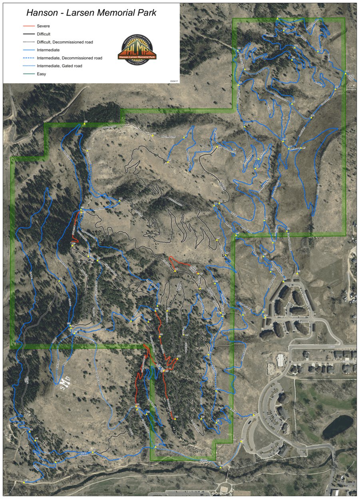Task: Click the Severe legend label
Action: pyautogui.click(x=43, y=26)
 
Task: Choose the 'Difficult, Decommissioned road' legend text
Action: pyautogui.click(x=65, y=42)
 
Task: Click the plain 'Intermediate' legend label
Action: pyautogui.click(x=48, y=50)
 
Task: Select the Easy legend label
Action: pyautogui.click(x=42, y=74)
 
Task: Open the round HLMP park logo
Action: pyautogui.click(x=137, y=49)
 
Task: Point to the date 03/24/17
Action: pyautogui.click(x=174, y=80)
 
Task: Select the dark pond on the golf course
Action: pyautogui.click(x=338, y=426)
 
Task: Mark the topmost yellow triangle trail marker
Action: pyautogui.click(x=278, y=18)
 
